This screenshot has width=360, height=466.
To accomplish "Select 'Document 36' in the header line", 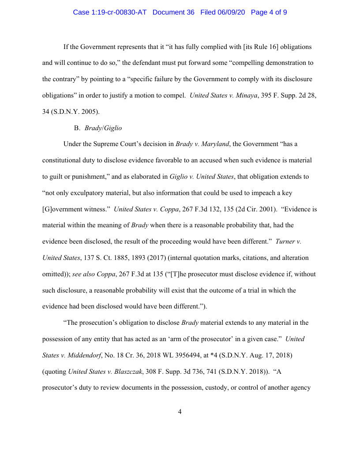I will (x=173, y=12).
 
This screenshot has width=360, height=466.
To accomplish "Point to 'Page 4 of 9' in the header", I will (x=269, y=12).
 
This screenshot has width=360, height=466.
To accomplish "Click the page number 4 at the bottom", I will (x=180, y=412).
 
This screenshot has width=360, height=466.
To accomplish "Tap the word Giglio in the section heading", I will (x=113, y=128).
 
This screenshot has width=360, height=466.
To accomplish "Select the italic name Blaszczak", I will (x=127, y=372).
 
